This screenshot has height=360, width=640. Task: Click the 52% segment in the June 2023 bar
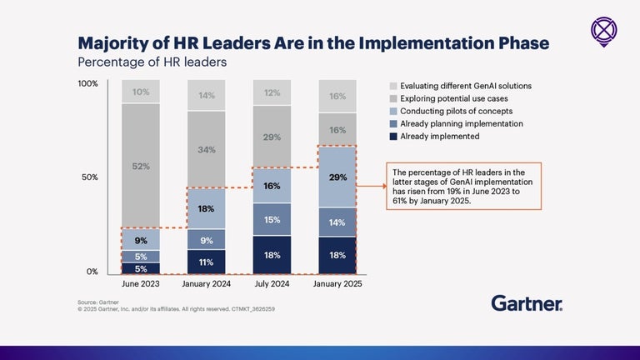tap(141, 166)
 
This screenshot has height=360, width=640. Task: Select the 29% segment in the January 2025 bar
tap(337, 177)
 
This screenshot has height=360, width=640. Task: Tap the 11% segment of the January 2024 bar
tap(206, 262)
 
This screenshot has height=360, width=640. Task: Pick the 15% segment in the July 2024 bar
tap(272, 219)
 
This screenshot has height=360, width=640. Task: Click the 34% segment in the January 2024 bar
tap(206, 150)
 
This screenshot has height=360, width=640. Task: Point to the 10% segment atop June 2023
tap(141, 92)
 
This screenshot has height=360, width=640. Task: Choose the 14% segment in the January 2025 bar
tap(337, 222)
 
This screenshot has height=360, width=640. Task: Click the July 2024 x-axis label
tap(272, 283)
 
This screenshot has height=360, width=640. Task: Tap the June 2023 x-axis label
tap(141, 283)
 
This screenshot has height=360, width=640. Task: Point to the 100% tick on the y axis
tap(88, 84)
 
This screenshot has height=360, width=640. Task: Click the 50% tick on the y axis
tap(90, 177)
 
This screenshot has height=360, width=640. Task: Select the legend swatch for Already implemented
tap(393, 136)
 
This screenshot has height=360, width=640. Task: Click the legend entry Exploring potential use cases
tap(447, 98)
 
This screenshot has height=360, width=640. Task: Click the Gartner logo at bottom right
tap(526, 303)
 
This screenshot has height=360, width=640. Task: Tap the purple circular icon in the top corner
tap(603, 31)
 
